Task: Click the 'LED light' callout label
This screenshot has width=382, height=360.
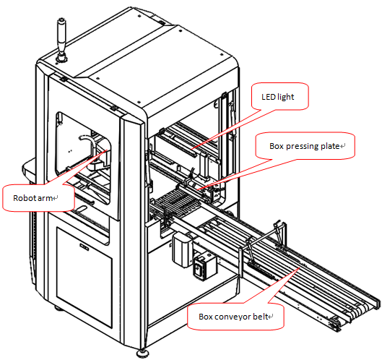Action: pos(278,97)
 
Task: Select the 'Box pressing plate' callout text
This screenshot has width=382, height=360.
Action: pos(304,146)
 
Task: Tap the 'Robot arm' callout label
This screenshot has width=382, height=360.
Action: pos(32,198)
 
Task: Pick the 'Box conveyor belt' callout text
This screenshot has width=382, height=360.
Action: pos(233,317)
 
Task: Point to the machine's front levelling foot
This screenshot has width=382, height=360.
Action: pos(142,353)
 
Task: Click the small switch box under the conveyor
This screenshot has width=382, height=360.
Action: pos(204,266)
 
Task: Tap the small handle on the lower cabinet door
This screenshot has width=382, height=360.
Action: pos(84,247)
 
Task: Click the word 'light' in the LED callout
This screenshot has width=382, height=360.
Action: pos(286,97)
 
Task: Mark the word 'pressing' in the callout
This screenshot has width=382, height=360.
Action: pos(302,146)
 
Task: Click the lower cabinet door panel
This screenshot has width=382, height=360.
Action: pos(84,277)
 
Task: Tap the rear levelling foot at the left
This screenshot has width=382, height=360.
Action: pos(58,308)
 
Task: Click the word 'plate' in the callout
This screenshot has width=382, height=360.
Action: pos(329,146)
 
